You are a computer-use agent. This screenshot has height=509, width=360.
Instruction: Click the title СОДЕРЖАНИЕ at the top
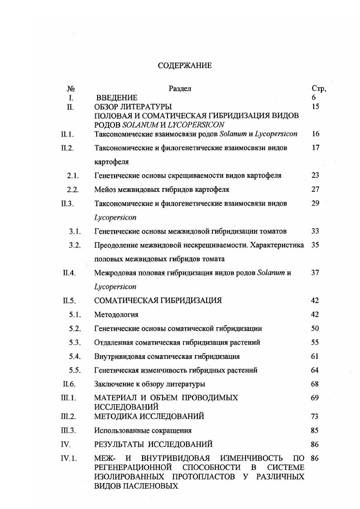(x=184, y=66)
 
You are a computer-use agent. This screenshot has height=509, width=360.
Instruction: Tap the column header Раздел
(x=180, y=88)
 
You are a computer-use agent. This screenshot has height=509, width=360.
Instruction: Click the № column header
(x=70, y=88)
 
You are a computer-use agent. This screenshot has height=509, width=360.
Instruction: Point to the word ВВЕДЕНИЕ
(x=117, y=98)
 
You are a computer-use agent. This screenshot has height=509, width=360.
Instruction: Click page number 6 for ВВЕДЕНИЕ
(x=314, y=98)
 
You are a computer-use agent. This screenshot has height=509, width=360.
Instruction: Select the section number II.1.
(x=67, y=134)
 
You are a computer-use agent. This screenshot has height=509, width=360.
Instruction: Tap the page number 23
(x=315, y=175)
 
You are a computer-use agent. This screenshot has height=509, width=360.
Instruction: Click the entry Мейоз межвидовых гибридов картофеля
(x=161, y=189)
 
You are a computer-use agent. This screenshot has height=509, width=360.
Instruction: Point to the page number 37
(x=315, y=273)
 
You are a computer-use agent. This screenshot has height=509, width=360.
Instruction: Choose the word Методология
(x=116, y=314)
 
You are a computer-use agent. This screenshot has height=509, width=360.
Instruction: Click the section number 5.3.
(x=74, y=342)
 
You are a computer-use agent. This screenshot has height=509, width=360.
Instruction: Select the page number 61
(x=315, y=356)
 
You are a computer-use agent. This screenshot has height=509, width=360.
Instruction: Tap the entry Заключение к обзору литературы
(x=149, y=384)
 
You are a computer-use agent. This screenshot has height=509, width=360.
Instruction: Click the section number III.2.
(x=68, y=416)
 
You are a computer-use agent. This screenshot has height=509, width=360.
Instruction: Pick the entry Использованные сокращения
(x=143, y=430)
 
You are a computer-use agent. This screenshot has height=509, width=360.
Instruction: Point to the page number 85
(x=315, y=430)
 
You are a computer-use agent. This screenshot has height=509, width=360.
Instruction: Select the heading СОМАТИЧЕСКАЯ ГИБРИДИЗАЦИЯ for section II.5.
(x=158, y=300)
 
